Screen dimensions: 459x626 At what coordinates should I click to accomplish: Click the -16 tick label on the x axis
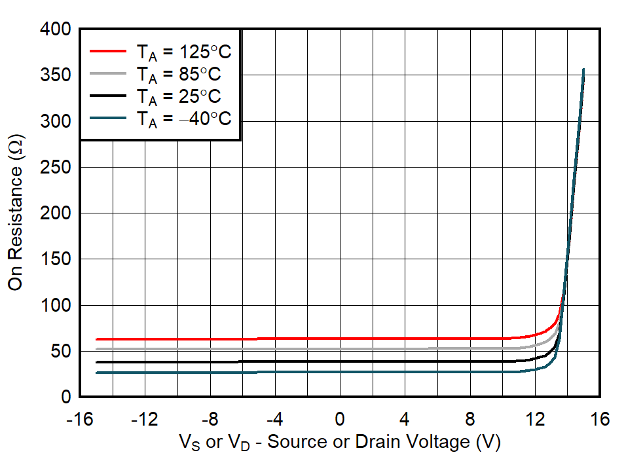[x=80, y=418]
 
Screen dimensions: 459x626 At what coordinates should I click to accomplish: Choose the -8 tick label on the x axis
[x=210, y=418]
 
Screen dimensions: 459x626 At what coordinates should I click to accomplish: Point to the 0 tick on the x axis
[x=340, y=418]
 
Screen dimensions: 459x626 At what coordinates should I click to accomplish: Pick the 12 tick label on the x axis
[x=535, y=418]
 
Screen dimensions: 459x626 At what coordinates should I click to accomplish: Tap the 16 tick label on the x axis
[x=600, y=418]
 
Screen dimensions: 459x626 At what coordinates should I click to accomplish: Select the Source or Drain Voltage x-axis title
[x=339, y=442]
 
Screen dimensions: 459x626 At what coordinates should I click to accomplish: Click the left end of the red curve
[x=96, y=339]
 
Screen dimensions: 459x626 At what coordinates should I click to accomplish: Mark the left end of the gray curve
[x=96, y=349]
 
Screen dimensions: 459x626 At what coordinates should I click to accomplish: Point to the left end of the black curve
[x=96, y=362]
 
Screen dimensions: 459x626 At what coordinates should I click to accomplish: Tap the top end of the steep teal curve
[x=583, y=69]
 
